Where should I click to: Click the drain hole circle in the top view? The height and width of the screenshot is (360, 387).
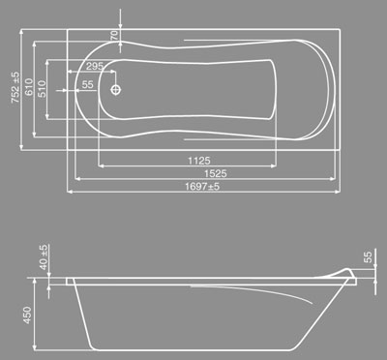point(116,90)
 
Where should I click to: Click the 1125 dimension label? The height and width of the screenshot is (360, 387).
point(199,161)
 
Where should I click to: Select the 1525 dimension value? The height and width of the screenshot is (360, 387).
point(216,173)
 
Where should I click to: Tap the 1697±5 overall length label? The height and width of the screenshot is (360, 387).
point(202,187)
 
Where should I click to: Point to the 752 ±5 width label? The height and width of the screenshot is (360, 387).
point(15,87)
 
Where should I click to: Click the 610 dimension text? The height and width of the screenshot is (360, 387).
point(29,87)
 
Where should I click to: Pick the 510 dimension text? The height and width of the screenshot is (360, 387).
point(42,89)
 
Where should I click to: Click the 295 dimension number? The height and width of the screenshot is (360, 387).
point(95,66)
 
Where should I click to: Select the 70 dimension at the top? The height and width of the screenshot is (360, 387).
point(115,35)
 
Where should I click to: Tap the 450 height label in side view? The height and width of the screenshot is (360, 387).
point(27,315)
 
